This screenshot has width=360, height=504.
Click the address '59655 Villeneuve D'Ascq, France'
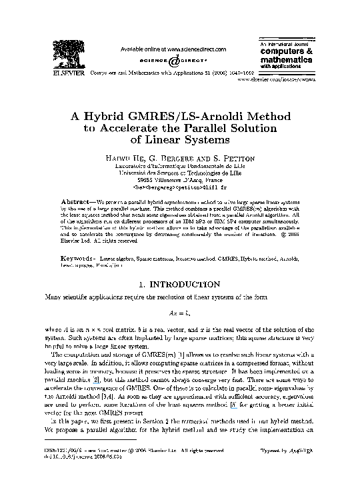click(x=179, y=179)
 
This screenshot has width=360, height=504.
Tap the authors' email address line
click(x=179, y=187)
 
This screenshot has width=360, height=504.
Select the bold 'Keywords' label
click(x=79, y=256)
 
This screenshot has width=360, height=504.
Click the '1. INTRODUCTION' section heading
click(x=179, y=284)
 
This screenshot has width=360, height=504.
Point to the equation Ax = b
click(x=179, y=312)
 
